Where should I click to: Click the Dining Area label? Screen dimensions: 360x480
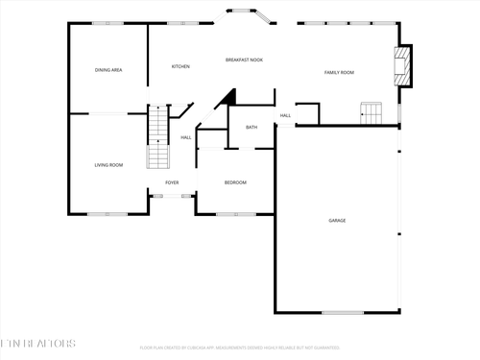pyautogui.click(x=108, y=70)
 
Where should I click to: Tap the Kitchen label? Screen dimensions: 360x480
pyautogui.click(x=180, y=66)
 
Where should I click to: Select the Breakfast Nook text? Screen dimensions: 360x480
pyautogui.click(x=245, y=60)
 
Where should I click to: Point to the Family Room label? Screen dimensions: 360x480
pyautogui.click(x=339, y=73)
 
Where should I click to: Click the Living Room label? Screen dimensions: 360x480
pyautogui.click(x=108, y=165)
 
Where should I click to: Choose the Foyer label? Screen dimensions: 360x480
pyautogui.click(x=172, y=182)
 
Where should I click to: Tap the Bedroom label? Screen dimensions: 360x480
pyautogui.click(x=235, y=182)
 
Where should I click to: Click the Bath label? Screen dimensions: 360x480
pyautogui.click(x=252, y=128)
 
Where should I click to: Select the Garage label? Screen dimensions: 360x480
pyautogui.click(x=337, y=221)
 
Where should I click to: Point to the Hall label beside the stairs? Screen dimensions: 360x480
pyautogui.click(x=186, y=137)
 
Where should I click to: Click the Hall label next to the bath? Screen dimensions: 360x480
pyautogui.click(x=285, y=116)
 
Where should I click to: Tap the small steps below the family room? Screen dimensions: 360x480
pyautogui.click(x=370, y=112)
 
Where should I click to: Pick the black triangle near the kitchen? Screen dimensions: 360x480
pyautogui.click(x=228, y=98)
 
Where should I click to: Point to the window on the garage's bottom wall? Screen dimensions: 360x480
pyautogui.click(x=342, y=312)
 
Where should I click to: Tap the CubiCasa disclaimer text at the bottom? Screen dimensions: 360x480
pyautogui.click(x=239, y=348)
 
